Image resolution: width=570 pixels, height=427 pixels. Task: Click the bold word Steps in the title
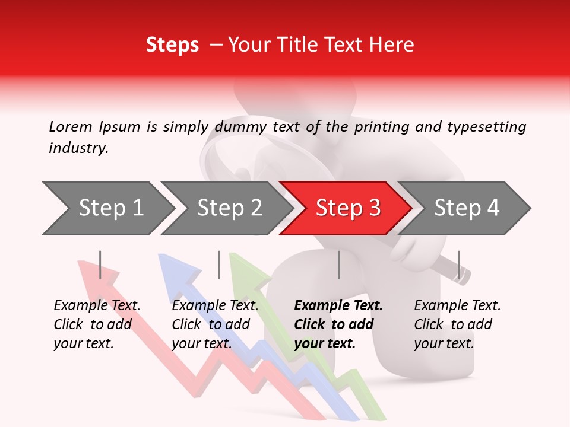point(172,45)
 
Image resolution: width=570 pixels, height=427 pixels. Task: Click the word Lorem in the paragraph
point(70,126)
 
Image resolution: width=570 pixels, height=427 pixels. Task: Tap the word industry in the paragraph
point(78,148)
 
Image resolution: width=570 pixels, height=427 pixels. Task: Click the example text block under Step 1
point(97,324)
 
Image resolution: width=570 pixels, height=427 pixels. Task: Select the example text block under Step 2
point(215,324)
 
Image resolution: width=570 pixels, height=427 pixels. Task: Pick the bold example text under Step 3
point(338,324)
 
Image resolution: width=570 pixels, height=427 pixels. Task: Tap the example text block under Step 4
point(457,324)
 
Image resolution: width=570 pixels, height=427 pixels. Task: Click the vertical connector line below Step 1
point(100,265)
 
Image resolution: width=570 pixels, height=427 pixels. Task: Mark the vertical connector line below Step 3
point(338,265)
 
